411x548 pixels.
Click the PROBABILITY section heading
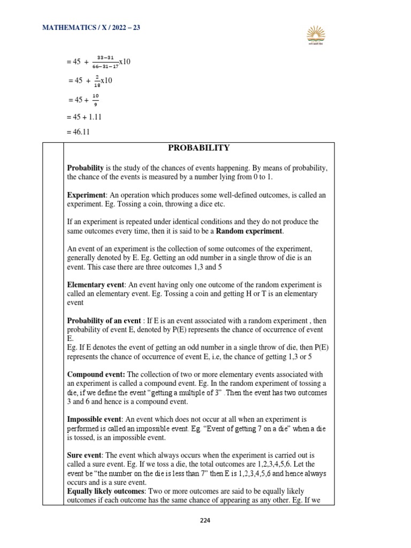199,148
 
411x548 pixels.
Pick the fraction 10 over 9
95,100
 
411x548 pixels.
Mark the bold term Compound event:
96,374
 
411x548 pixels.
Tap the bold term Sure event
85,455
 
